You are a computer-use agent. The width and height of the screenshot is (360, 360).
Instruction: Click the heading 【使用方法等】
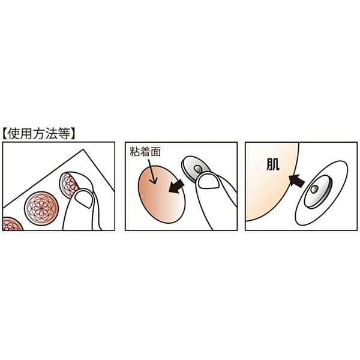point(39,134)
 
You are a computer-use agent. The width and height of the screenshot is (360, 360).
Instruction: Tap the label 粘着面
point(145,152)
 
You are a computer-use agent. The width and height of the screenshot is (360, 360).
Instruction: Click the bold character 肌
point(273,164)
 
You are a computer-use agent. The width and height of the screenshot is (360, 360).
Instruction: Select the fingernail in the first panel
point(84,199)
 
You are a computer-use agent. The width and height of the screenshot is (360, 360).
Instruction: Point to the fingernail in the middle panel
point(208,181)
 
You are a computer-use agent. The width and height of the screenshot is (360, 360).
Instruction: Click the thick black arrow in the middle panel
point(176,186)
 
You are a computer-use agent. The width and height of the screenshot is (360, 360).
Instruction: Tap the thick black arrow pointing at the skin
point(296,180)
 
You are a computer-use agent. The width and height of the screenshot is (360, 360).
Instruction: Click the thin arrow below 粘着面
point(152,172)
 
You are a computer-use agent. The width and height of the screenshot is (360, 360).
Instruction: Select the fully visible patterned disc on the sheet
point(41,208)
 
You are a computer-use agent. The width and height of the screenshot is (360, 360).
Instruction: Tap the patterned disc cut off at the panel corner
point(11,224)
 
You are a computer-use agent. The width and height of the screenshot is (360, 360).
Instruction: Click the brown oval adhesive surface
point(161,194)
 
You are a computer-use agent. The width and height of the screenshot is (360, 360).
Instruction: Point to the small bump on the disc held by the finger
point(198,169)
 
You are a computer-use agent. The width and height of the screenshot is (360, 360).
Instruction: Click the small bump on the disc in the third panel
point(314,189)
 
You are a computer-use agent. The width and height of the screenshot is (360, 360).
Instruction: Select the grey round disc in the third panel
point(318,192)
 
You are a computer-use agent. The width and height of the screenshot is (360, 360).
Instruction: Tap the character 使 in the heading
point(13,134)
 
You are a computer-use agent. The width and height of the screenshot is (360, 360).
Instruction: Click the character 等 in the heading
point(64,134)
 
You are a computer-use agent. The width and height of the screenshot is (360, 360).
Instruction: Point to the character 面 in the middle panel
point(155,152)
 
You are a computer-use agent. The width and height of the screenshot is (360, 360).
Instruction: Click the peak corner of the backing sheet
point(83,149)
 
